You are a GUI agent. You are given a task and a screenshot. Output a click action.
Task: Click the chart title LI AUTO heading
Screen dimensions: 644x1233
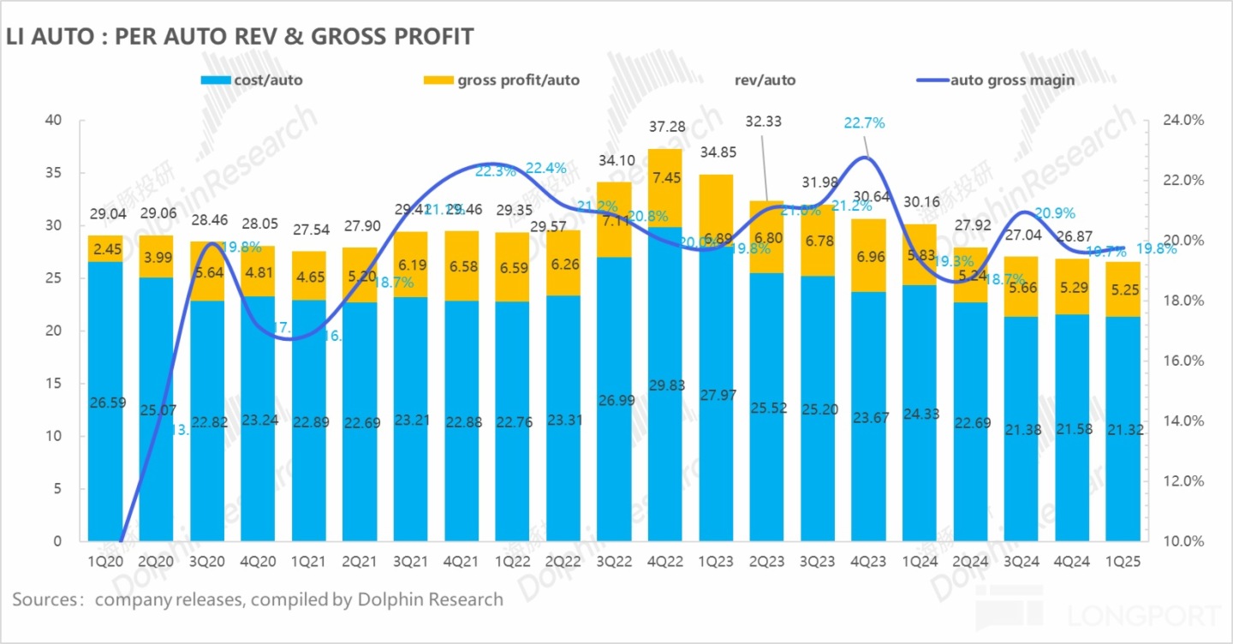pyautogui.click(x=240, y=37)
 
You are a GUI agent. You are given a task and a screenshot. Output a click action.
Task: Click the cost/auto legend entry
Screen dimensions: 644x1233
pyautogui.click(x=252, y=80)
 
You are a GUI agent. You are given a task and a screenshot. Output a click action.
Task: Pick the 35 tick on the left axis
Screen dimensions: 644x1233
pyautogui.click(x=53, y=173)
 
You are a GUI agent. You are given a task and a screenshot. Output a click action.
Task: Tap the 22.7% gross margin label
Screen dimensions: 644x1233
pyautogui.click(x=864, y=123)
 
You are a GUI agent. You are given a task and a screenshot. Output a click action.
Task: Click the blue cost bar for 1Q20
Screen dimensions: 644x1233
pyautogui.click(x=105, y=402)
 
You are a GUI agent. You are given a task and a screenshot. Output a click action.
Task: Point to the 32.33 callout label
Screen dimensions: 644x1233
pyautogui.click(x=765, y=122)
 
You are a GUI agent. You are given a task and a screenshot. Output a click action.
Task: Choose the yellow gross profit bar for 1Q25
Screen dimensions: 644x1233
pyautogui.click(x=1123, y=289)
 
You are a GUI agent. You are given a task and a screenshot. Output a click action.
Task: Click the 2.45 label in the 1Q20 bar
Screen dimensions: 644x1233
pyautogui.click(x=105, y=249)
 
